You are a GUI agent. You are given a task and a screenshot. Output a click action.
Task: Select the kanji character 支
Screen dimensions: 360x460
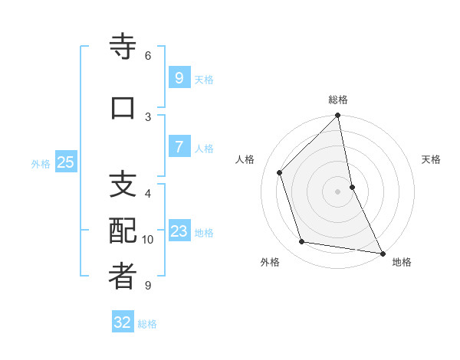(123, 185)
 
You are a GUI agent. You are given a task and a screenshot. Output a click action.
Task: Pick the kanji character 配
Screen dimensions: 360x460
(123, 231)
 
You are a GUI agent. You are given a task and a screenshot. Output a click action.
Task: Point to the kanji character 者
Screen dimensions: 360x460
(123, 277)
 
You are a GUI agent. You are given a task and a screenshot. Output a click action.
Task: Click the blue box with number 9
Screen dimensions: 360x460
(179, 77)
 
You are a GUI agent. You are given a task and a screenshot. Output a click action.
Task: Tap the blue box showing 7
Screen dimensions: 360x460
(179, 147)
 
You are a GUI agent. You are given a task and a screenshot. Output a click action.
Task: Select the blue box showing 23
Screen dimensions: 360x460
(179, 231)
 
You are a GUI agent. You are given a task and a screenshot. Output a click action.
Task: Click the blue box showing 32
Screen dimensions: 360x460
(123, 322)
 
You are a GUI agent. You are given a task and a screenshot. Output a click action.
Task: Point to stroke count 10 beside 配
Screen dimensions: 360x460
(148, 240)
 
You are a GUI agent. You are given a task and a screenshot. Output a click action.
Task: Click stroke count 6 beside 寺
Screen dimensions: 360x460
(148, 56)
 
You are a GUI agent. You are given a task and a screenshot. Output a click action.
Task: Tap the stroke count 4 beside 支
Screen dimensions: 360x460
(148, 194)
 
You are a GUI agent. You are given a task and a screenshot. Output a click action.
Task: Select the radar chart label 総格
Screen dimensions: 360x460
(337, 100)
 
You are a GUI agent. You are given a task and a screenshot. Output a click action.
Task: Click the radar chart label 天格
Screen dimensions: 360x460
(431, 159)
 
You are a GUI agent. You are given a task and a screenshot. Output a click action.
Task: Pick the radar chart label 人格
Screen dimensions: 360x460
(245, 159)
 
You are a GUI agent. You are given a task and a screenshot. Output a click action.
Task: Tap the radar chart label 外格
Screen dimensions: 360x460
(270, 263)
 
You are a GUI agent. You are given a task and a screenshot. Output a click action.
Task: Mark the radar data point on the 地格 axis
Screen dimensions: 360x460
(382, 253)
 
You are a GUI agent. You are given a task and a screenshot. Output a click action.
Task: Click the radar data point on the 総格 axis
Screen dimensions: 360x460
(337, 116)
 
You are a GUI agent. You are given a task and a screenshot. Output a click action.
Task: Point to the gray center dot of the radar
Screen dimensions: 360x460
(337, 191)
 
